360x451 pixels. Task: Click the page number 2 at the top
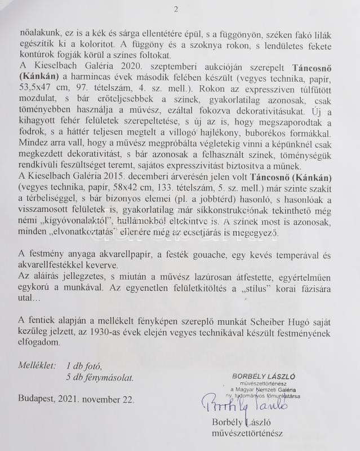176,9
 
